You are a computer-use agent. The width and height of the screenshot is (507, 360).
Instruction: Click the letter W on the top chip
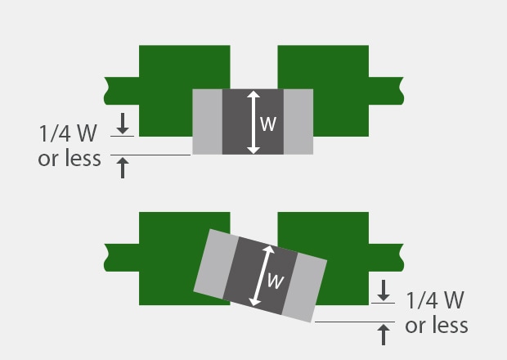[268, 124]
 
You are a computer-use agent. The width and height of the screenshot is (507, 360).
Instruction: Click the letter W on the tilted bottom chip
[276, 281]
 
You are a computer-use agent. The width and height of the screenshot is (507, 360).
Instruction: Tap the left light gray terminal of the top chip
[207, 121]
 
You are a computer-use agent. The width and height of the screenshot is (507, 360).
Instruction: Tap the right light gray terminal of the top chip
[298, 121]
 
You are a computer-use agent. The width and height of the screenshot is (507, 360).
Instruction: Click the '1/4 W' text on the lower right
[437, 300]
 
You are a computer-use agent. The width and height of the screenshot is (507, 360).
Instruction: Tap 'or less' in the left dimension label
[70, 158]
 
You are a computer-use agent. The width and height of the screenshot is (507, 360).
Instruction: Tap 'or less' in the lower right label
[437, 326]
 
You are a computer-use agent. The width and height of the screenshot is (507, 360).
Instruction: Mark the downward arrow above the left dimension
[123, 124]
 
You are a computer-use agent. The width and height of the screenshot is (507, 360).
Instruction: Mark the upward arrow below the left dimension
[123, 168]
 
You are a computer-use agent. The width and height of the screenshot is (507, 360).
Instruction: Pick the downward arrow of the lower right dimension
[383, 290]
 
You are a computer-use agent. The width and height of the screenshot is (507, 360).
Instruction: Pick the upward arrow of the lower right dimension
[383, 333]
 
